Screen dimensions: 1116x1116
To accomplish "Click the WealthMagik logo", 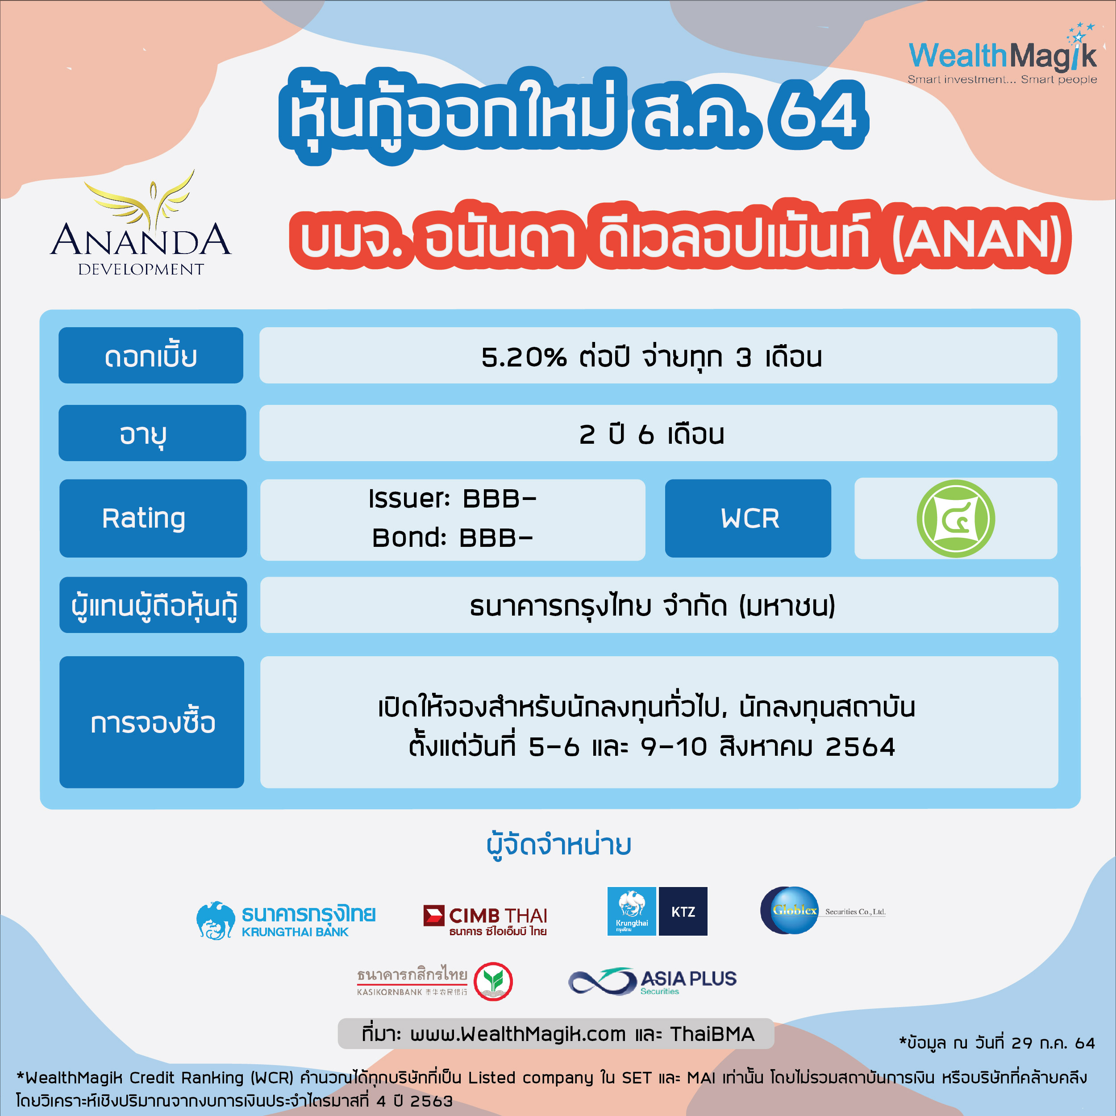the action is point(1002,55).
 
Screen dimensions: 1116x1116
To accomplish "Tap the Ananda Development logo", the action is point(141,223).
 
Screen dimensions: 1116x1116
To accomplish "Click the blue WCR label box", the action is point(748,518).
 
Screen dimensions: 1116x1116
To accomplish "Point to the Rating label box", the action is point(153,518).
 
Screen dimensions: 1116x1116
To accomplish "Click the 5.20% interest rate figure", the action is point(524,357).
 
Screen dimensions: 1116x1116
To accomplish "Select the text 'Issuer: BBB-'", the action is point(452,499).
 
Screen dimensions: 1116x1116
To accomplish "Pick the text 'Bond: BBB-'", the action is point(452,538).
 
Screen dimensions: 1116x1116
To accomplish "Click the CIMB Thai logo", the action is point(485,920).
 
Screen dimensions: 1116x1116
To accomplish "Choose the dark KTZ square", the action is point(683,911).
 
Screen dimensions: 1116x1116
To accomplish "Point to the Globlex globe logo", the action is point(790,910).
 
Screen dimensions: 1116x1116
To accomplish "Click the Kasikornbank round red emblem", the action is point(493,981).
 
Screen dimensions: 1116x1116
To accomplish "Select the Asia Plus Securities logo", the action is point(653,981).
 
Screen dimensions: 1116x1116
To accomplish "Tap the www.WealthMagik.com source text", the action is point(518,1034).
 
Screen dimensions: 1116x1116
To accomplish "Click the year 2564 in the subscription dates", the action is point(860,747).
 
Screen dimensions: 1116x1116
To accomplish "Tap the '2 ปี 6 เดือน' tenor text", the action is point(652,434).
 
